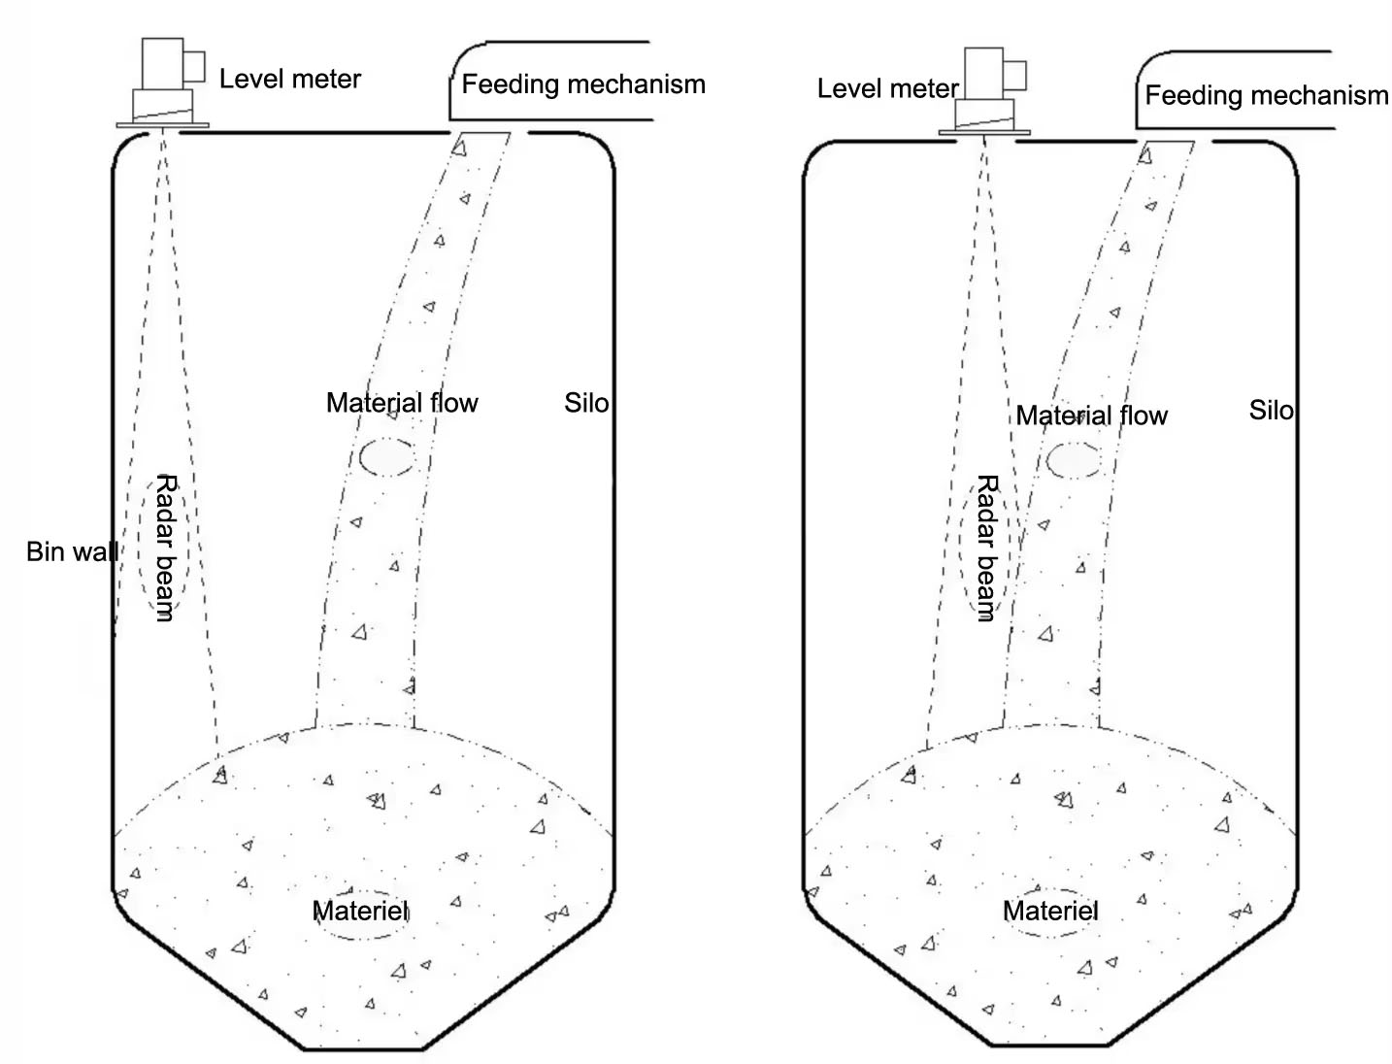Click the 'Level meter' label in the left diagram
289,80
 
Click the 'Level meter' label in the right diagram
887,89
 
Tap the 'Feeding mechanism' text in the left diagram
582,84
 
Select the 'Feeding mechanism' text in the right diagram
1266,95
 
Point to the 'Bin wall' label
72,552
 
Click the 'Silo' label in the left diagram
586,403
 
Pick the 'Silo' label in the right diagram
1271,411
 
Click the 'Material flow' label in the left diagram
402,403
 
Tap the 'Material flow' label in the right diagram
1091,416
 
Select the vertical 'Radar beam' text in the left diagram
166,547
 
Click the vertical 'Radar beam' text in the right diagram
987,547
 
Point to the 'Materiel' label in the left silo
360,911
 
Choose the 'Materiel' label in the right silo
1050,911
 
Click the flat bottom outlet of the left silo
363,1048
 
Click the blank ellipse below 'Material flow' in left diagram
387,456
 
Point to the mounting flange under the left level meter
163,125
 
